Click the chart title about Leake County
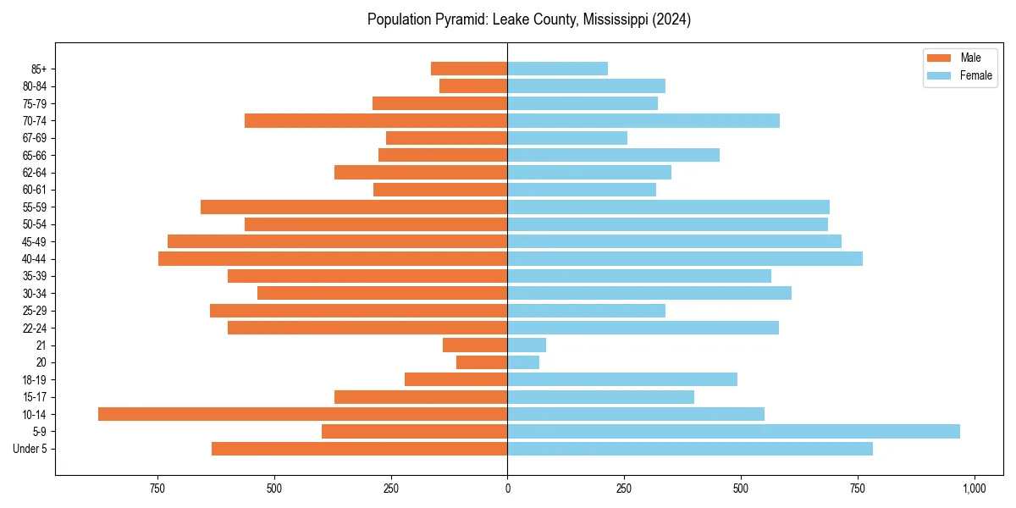[x=529, y=19]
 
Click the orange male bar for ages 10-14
[x=302, y=414]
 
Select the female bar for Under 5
[x=690, y=449]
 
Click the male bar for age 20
[x=482, y=362]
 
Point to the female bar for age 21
[x=527, y=345]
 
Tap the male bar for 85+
[x=469, y=69]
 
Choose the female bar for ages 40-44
[x=685, y=259]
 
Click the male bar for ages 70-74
[x=376, y=121]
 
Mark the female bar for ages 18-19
[x=622, y=379]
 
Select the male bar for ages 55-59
[x=354, y=207]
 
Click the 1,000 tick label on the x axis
[x=974, y=489]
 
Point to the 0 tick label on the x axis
[x=507, y=489]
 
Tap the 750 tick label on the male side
[x=157, y=489]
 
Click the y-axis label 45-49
[x=35, y=242]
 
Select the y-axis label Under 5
[x=30, y=449]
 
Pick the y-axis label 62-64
[x=35, y=173]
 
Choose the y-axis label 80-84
[x=35, y=86]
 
